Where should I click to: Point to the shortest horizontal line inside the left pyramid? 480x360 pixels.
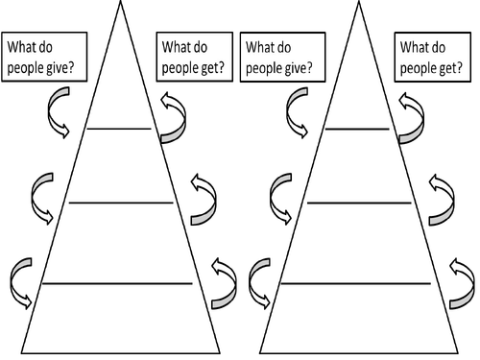tap(119, 128)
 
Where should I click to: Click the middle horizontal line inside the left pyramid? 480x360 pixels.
tap(119, 203)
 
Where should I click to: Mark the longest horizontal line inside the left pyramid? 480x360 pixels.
tap(119, 283)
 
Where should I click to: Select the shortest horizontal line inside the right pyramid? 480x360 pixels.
tap(357, 128)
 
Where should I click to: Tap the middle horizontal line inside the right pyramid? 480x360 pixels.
tap(357, 203)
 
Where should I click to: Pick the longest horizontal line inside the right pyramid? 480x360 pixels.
tap(357, 283)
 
